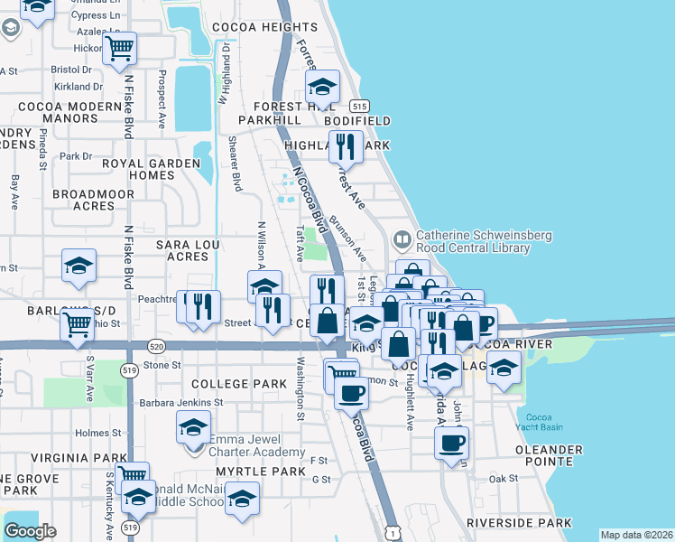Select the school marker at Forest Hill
[x=321, y=88]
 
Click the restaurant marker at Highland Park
[x=345, y=145]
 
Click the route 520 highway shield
[x=156, y=346]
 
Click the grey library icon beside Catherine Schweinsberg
[x=402, y=241]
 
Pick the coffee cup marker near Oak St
[x=452, y=443]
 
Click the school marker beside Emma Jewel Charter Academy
[x=193, y=428]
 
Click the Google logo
[x=30, y=531]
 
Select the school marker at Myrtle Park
[x=242, y=499]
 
